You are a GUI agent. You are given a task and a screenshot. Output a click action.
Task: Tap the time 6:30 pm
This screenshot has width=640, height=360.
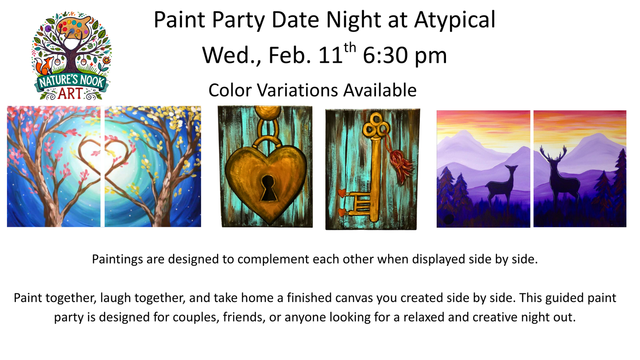tap(404, 56)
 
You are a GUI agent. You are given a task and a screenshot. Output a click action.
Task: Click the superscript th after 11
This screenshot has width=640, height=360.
tap(350, 47)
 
